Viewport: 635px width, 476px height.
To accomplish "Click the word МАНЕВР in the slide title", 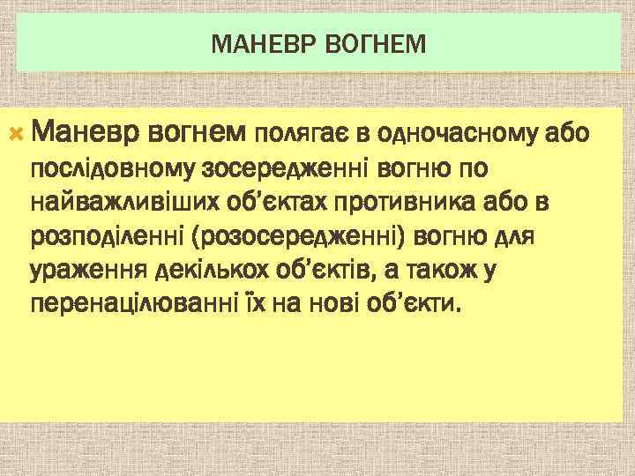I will pyautogui.click(x=255, y=41).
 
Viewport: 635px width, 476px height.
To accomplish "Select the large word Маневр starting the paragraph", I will pyautogui.click(x=85, y=133).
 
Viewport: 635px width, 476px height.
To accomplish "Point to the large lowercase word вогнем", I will pyautogui.click(x=196, y=133).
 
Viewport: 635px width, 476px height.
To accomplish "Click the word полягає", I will pyautogui.click(x=302, y=135).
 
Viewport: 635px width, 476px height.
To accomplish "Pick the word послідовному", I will pyautogui.click(x=115, y=168).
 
